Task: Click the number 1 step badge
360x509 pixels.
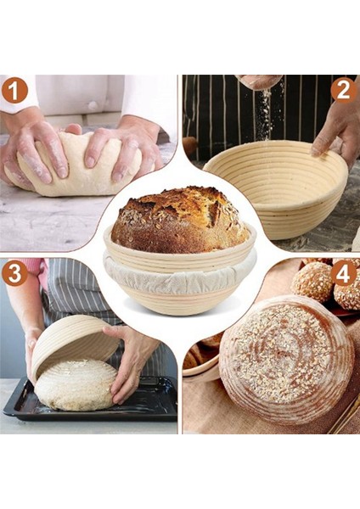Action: (14, 90)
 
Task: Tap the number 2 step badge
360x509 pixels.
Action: (343, 90)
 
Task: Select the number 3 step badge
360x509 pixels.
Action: (14, 273)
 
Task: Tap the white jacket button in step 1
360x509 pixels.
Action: (92, 106)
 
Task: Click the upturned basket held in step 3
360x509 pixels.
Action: (72, 343)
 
